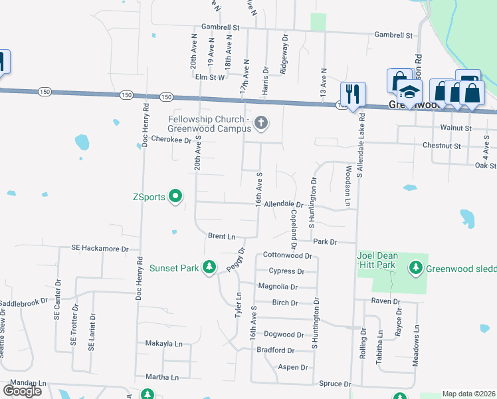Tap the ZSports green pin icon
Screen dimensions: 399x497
click(175, 196)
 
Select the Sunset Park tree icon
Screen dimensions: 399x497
click(209, 267)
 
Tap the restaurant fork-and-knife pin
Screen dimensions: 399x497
click(353, 94)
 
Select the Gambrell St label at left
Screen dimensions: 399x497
click(223, 28)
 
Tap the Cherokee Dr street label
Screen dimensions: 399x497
click(171, 140)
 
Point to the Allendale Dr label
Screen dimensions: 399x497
click(283, 205)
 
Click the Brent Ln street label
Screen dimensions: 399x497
click(222, 236)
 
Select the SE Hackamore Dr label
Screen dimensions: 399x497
click(100, 248)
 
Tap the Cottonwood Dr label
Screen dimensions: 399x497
click(288, 255)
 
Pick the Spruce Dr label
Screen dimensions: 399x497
click(335, 384)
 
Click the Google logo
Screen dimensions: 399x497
click(23, 391)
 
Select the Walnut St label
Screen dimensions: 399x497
click(455, 128)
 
